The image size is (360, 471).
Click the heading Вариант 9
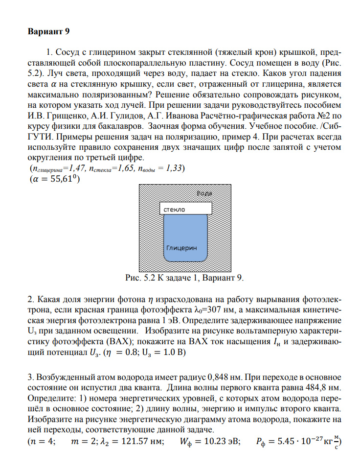(49, 32)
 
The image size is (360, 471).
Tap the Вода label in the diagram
(204, 193)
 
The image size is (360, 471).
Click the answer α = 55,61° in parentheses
(55, 179)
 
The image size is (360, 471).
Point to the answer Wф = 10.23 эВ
(210, 442)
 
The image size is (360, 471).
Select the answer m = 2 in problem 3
(83, 442)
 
